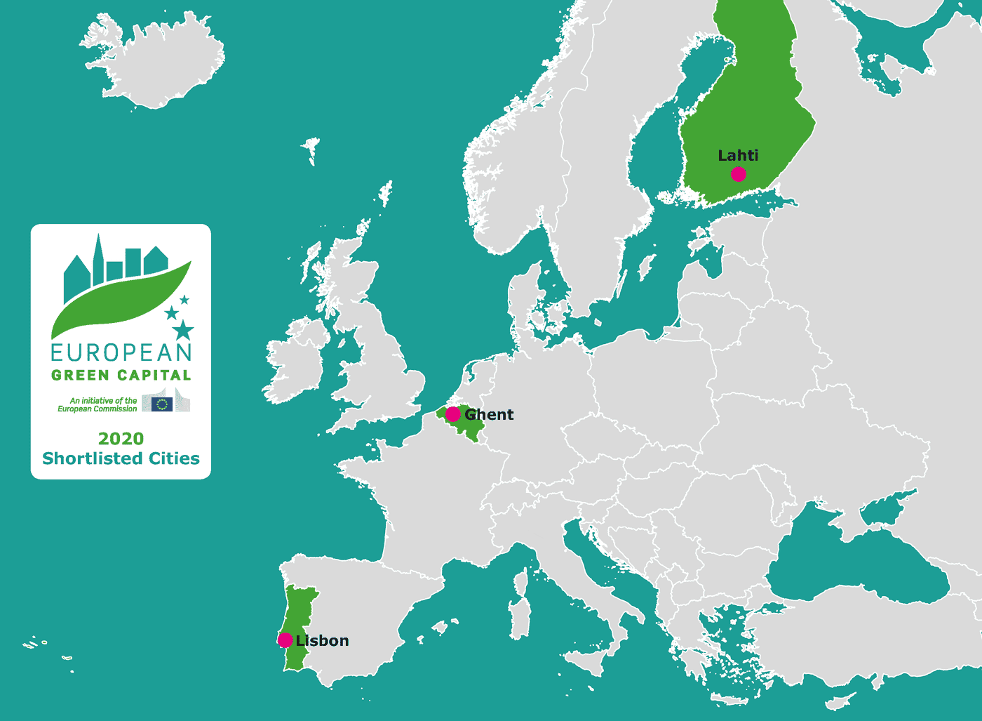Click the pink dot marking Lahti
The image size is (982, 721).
(x=738, y=174)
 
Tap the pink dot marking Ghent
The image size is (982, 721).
(x=453, y=414)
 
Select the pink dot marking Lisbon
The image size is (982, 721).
(x=285, y=640)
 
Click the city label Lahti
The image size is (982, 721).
(x=738, y=156)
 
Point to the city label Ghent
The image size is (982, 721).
(x=490, y=415)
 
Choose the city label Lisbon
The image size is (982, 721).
(x=323, y=640)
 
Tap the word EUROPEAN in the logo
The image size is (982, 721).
(x=121, y=352)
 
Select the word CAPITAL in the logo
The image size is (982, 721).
(x=154, y=375)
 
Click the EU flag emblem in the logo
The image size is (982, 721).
(x=162, y=404)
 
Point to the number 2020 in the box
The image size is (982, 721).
(x=121, y=439)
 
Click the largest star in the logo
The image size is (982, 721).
(x=183, y=329)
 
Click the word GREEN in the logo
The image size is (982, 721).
(x=80, y=375)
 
